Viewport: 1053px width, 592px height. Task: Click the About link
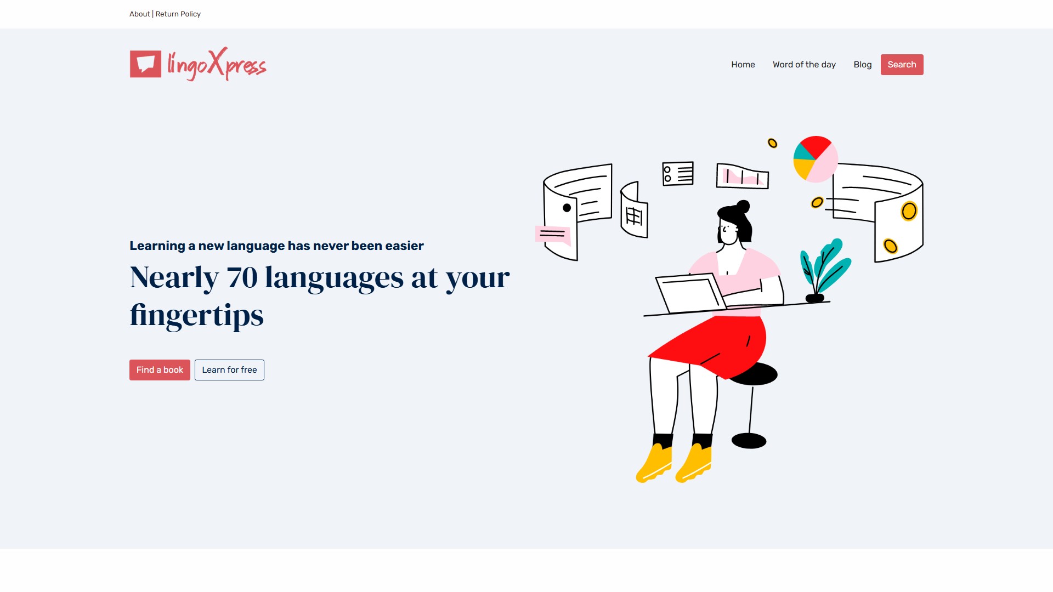point(139,14)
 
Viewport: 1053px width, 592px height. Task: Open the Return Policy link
point(178,14)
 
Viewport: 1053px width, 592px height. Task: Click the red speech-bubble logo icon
point(145,64)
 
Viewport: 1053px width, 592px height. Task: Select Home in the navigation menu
point(743,65)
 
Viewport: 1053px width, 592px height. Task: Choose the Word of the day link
point(804,65)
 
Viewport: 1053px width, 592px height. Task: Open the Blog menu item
point(862,65)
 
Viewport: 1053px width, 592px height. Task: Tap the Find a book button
point(160,370)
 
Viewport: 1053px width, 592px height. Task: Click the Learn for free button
point(229,370)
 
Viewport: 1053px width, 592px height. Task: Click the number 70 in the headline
point(242,277)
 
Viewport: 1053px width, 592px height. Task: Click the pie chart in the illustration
point(816,159)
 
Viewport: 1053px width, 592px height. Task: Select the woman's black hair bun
point(743,206)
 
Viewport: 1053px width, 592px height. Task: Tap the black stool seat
point(755,374)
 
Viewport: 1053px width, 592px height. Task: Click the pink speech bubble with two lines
point(553,235)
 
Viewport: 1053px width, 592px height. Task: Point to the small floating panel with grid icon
point(635,210)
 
